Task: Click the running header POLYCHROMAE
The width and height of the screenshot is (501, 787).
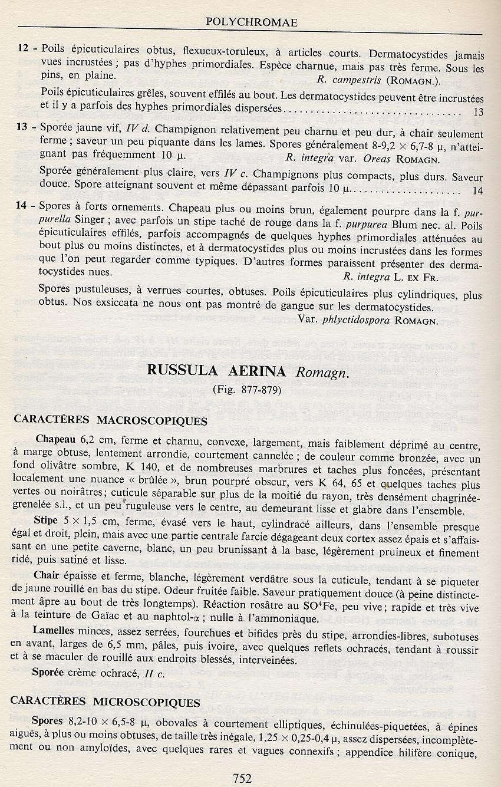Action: pyautogui.click(x=251, y=22)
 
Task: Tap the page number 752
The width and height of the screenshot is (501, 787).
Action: pyautogui.click(x=242, y=778)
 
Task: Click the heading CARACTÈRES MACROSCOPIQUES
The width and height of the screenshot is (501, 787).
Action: pyautogui.click(x=110, y=421)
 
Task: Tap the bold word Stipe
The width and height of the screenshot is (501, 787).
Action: pyautogui.click(x=45, y=520)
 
